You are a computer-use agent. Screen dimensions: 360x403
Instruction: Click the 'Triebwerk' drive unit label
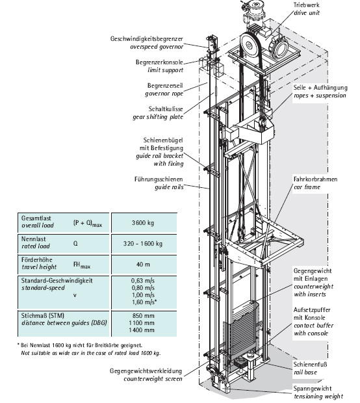306,5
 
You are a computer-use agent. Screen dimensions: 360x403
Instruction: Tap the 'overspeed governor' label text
157,47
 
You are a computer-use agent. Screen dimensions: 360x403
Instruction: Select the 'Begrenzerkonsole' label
159,62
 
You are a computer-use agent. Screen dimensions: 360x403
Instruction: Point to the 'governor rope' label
164,94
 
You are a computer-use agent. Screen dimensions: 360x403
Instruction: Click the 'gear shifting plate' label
158,117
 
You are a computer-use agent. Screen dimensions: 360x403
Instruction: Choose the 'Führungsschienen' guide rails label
159,179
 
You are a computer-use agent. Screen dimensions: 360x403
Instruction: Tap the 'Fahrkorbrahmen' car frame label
315,179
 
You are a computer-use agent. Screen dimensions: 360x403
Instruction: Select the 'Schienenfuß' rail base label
310,364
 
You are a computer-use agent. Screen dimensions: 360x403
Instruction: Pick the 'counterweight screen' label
153,379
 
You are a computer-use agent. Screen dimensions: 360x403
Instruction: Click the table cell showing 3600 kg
143,223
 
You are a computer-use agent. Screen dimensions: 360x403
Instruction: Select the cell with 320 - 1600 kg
142,243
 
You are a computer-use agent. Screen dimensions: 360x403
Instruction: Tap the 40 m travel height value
143,264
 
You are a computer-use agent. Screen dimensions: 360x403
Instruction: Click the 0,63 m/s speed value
143,281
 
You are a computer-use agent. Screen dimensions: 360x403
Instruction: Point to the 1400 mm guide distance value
142,330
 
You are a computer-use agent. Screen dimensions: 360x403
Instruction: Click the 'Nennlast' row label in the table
33,239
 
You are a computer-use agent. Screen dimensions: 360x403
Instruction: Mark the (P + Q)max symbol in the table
88,224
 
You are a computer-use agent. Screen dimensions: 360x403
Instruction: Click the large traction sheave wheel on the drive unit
250,45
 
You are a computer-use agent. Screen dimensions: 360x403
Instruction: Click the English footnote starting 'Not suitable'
91,353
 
